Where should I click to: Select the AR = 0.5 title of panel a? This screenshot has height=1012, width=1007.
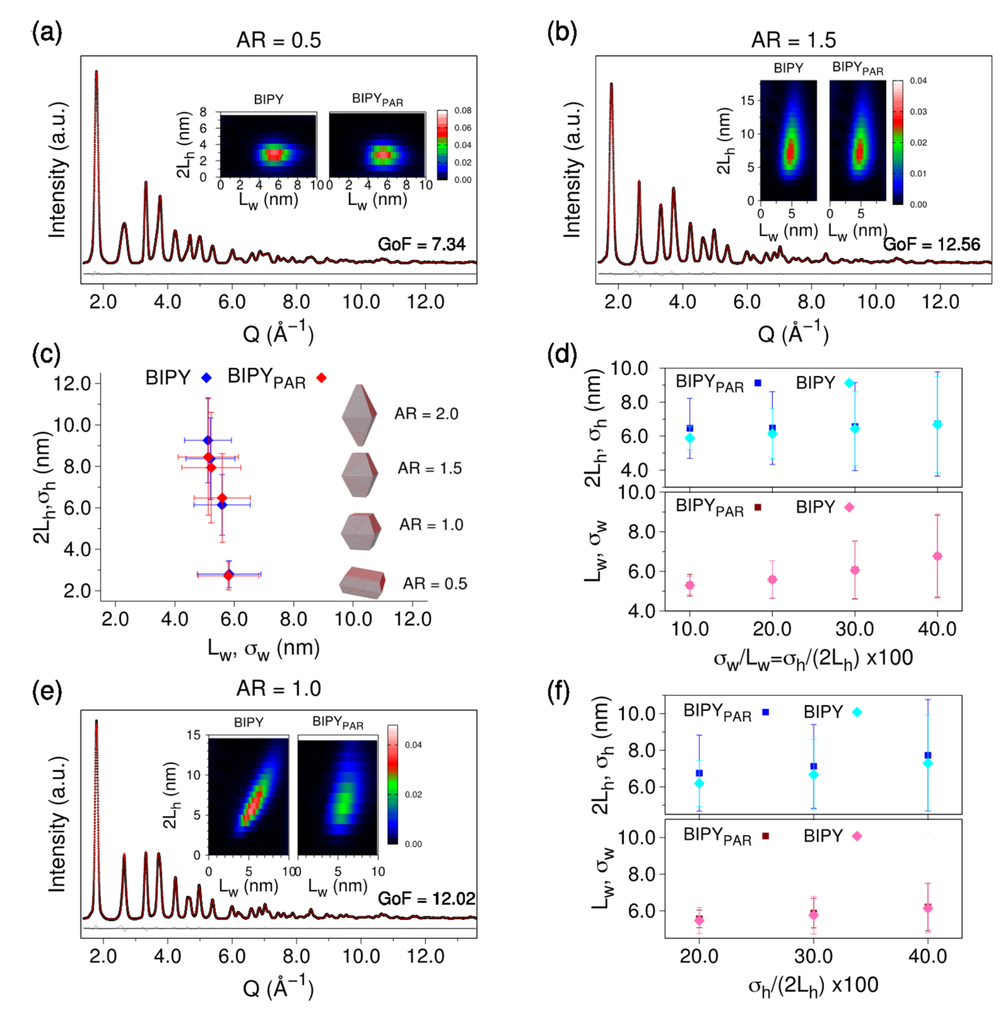(278, 40)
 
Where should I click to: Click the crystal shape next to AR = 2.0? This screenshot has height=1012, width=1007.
(359, 415)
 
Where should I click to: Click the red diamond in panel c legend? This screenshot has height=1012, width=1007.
(321, 378)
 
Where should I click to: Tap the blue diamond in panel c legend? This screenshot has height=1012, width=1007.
(206, 378)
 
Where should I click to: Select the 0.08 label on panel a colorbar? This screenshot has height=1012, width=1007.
(463, 111)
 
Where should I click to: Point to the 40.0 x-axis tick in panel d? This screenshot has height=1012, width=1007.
(937, 629)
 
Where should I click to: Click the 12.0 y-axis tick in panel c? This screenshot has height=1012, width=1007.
(72, 383)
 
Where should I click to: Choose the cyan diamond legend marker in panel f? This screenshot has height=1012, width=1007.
(857, 712)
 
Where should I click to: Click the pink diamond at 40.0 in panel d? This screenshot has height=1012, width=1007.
(937, 556)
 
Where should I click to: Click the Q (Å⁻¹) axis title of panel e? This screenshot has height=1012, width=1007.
(278, 988)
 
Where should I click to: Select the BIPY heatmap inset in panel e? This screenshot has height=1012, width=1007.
(248, 796)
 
